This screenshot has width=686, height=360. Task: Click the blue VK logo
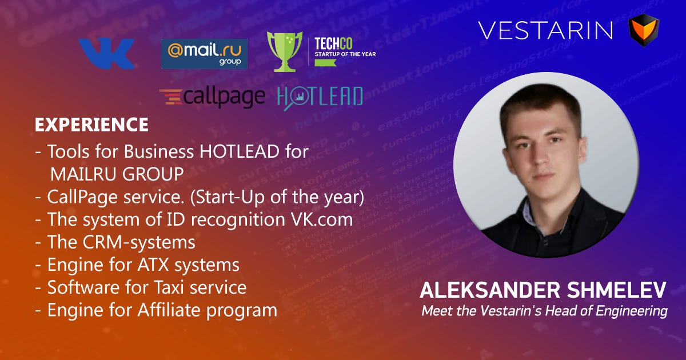(x=106, y=53)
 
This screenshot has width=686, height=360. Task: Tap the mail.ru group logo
(x=204, y=54)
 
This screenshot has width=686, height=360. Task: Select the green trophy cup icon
(x=285, y=51)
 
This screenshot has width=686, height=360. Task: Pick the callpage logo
(x=212, y=97)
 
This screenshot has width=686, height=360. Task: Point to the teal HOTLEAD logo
(x=320, y=97)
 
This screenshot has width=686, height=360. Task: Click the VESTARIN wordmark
(x=545, y=30)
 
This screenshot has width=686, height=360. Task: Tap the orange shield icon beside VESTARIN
(x=644, y=30)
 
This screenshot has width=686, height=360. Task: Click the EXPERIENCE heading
(x=91, y=125)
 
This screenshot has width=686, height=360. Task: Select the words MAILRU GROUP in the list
(x=117, y=174)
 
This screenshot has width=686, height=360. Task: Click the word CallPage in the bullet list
(x=82, y=197)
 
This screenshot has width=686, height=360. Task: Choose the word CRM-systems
(x=139, y=242)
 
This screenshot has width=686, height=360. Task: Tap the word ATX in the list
(x=153, y=265)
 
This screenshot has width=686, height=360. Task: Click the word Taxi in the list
(x=169, y=287)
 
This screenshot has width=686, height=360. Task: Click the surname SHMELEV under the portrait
(x=616, y=290)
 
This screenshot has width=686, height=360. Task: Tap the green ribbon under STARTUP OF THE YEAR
(x=325, y=62)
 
